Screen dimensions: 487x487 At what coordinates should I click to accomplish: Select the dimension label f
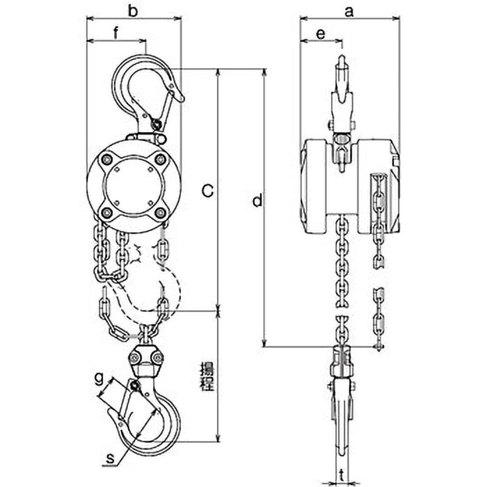pos(116,34)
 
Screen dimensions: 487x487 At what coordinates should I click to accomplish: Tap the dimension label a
pos(349,10)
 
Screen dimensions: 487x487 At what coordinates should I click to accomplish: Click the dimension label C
pos(207,192)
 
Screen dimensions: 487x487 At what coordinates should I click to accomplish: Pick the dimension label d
pos(258,200)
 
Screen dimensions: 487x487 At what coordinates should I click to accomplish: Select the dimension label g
pos(98,377)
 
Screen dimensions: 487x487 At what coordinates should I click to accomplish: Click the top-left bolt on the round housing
pos(108,159)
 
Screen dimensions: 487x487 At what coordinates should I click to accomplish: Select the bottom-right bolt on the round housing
pos(160,212)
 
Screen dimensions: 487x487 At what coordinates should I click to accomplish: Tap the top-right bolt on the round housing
pos(160,159)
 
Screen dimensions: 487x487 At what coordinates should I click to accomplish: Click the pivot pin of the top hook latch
pos(156,125)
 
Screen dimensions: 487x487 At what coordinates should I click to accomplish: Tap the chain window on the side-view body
pos(378,195)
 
